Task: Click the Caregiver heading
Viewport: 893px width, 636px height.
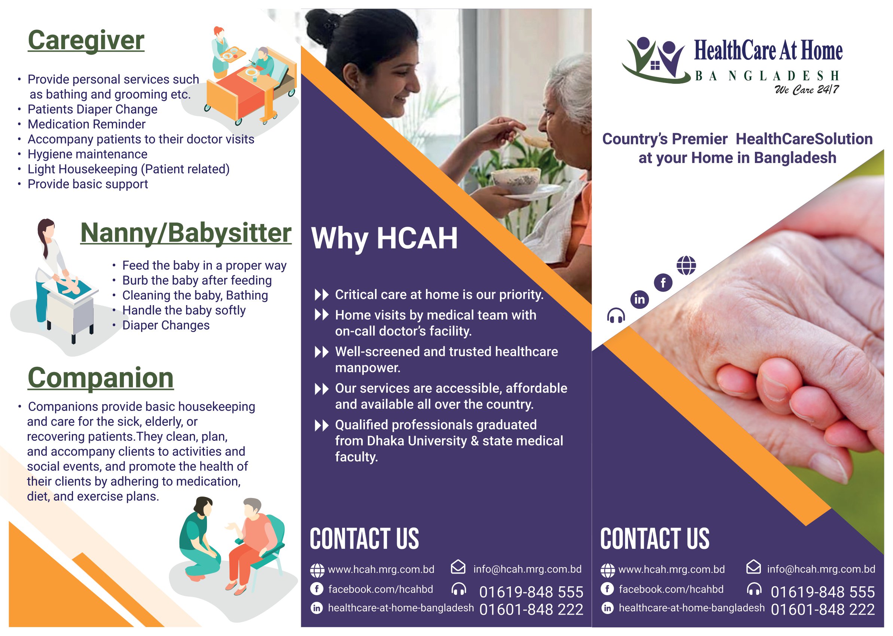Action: (x=86, y=41)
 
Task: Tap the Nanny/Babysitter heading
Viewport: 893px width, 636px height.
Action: (x=186, y=233)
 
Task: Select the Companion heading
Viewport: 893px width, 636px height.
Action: (x=100, y=378)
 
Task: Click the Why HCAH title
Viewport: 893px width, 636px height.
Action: (x=384, y=239)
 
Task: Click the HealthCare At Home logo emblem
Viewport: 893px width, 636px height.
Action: (x=655, y=60)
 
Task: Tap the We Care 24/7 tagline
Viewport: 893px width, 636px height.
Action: (x=807, y=90)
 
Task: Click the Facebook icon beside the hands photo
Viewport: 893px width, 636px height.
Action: (x=663, y=282)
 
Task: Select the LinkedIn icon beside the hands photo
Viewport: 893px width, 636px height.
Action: (x=639, y=299)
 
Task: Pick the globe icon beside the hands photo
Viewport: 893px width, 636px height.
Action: (x=686, y=265)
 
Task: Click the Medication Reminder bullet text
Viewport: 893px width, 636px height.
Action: (x=86, y=125)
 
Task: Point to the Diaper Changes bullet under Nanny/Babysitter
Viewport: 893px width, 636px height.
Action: (x=166, y=325)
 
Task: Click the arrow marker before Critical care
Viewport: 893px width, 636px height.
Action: (x=321, y=295)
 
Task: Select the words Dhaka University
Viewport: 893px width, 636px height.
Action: (x=417, y=441)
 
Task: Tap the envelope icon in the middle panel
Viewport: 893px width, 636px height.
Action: (x=458, y=567)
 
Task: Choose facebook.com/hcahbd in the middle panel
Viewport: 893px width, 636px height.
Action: (x=381, y=589)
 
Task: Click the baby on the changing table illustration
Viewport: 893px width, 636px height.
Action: (x=71, y=286)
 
